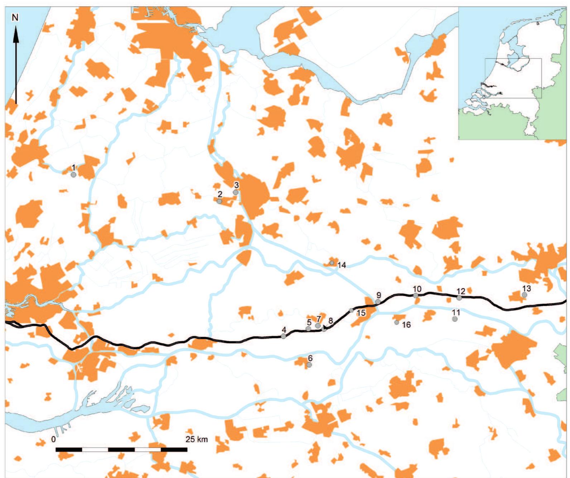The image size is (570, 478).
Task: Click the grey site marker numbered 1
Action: coord(73,175)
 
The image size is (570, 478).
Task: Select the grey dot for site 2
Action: coord(219,201)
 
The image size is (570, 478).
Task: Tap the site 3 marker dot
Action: coord(236,192)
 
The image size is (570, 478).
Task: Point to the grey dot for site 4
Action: coord(284,336)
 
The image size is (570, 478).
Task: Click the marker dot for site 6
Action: coord(309,365)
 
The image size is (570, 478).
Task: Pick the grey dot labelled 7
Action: coord(318,325)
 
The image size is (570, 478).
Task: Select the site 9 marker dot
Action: coord(378,302)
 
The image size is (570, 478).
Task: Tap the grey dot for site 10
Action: coord(416,295)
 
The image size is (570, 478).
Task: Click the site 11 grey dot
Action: coord(455,319)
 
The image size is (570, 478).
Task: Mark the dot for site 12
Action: coord(459,298)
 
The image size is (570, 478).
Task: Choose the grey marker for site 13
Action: coord(525,295)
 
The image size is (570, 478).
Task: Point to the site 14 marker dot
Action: coord(332,263)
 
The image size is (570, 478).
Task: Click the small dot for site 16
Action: coord(396,322)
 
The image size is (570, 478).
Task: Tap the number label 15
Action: coord(361,313)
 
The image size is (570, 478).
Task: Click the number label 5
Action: coord(309,322)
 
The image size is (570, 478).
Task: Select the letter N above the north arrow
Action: coord(15,18)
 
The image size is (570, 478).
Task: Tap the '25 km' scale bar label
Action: coord(196,439)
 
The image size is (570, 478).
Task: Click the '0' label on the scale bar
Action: coord(53,439)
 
